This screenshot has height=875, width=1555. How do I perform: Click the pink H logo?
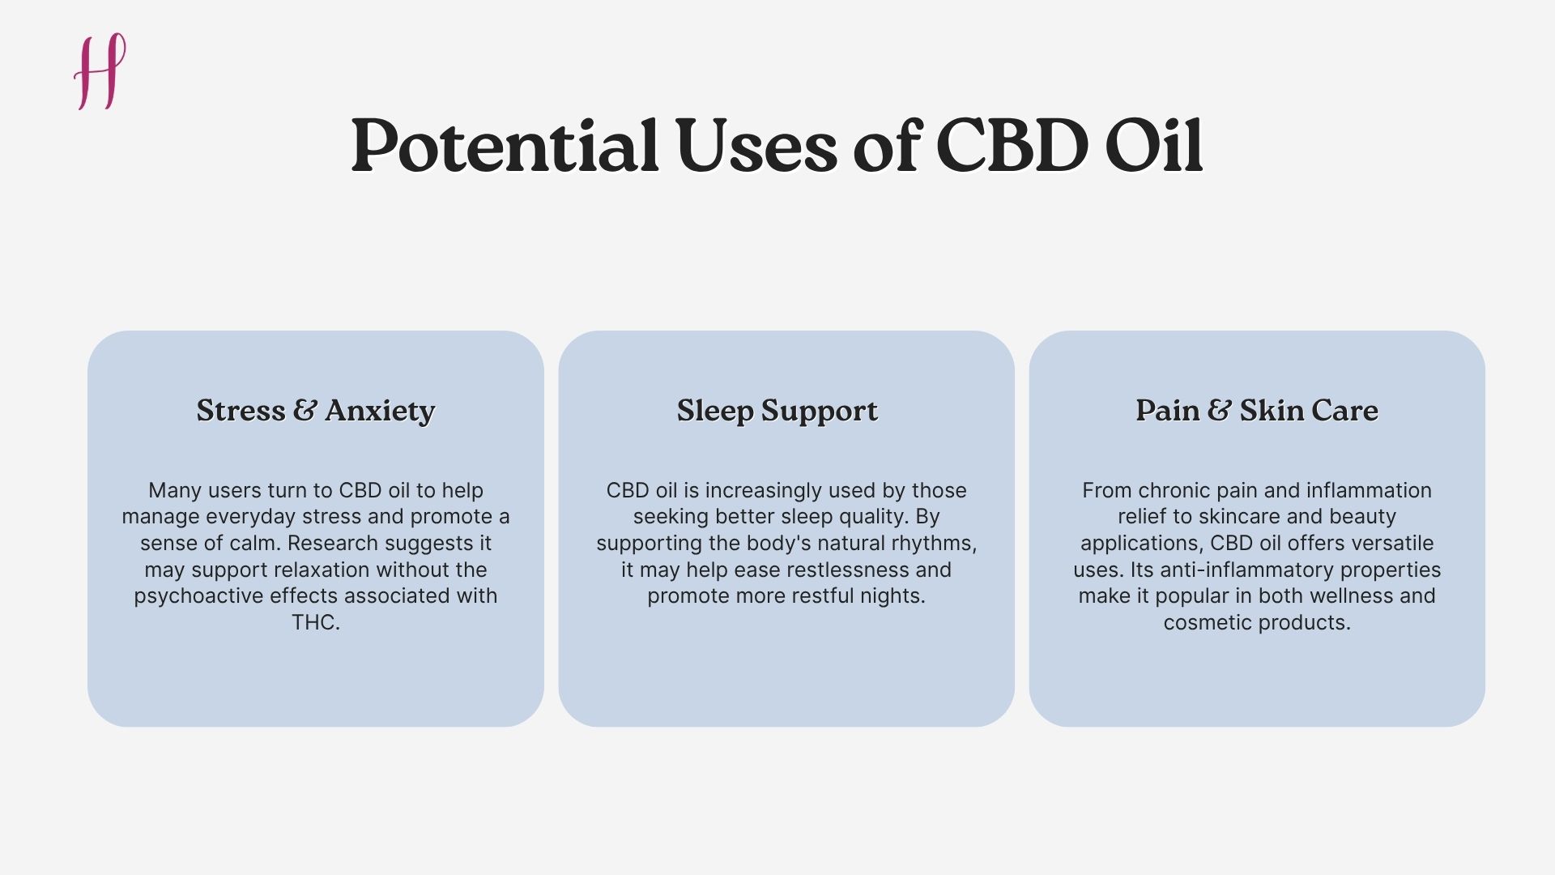click(x=100, y=71)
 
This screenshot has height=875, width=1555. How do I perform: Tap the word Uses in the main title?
click(x=756, y=147)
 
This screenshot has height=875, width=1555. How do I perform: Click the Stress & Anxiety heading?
click(x=316, y=411)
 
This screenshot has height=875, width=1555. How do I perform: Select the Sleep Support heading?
click(x=777, y=411)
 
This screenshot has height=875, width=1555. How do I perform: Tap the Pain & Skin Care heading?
click(x=1256, y=411)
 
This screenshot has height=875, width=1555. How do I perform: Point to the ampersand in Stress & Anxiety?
click(x=305, y=410)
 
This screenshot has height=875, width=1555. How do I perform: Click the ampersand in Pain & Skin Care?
click(x=1219, y=410)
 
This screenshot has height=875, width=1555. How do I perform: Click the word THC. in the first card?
click(x=316, y=622)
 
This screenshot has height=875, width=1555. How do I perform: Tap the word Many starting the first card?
click(x=175, y=490)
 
